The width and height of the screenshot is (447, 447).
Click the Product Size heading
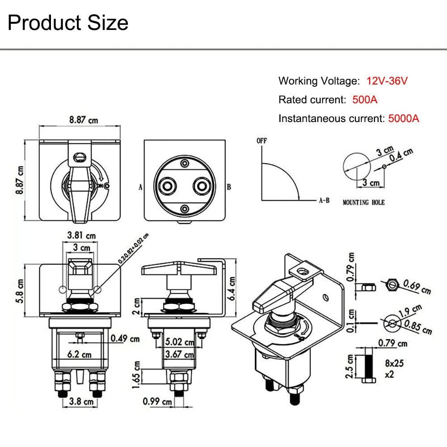point(68,23)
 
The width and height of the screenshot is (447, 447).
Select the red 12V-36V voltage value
point(387,81)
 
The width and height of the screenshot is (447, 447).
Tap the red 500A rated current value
point(365,100)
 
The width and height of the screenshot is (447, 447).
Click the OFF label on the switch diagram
point(261,140)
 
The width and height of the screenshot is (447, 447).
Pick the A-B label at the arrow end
point(324,201)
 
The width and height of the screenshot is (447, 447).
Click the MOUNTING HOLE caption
point(363,202)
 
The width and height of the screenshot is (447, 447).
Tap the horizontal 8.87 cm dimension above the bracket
point(83,120)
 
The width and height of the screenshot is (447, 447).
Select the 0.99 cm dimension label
point(157,401)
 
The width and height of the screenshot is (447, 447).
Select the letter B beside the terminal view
point(228,187)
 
